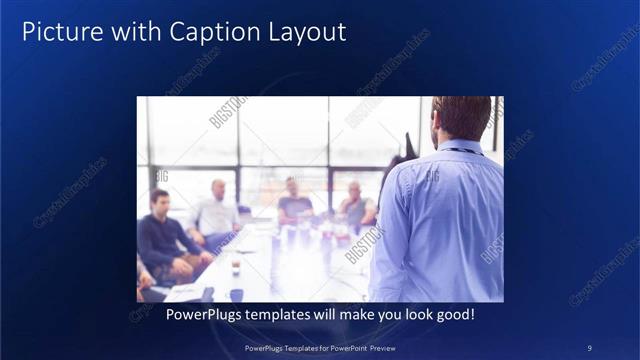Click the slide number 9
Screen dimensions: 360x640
pos(589,347)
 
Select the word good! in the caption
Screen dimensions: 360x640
pos(451,314)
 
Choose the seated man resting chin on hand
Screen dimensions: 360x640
pos(356,205)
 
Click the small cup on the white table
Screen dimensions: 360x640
pos(236,266)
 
